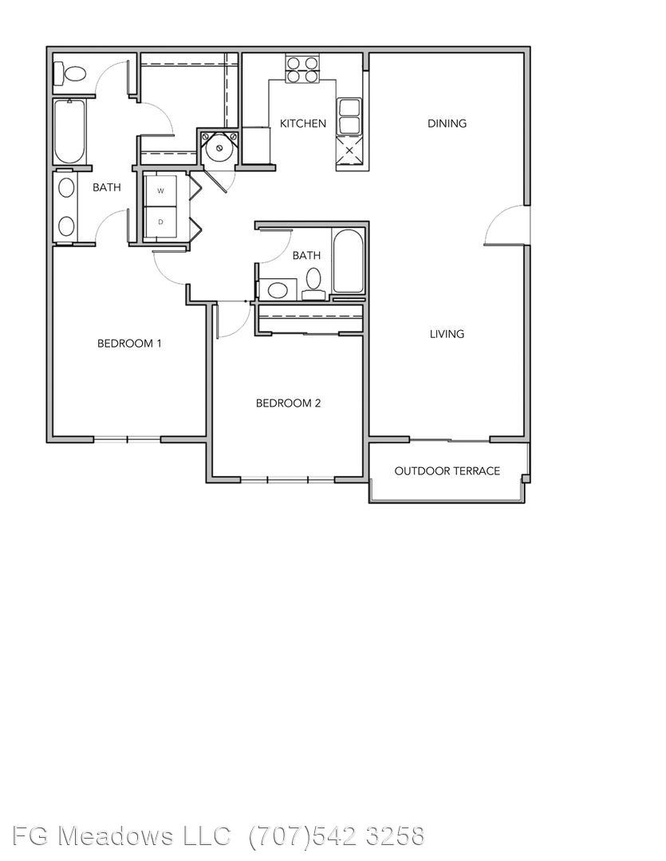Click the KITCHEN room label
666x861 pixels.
pos(303,124)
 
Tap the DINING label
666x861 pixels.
pos(447,124)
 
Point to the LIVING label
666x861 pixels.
pos(447,334)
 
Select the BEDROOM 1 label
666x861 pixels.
pos(129,344)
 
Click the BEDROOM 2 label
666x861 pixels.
pos(288,403)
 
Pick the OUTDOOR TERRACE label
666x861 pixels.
pos(447,471)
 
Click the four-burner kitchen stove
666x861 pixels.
pos(302,69)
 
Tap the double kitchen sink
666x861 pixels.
pos(349,116)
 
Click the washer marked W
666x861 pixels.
pos(160,191)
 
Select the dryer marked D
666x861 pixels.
pos(160,222)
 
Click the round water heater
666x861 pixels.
pos(219,147)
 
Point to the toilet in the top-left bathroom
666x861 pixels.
pos(70,73)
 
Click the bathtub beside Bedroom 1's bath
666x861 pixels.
pos(69,132)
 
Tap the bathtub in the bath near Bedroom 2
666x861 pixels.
pos(348,261)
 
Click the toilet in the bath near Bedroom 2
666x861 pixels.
pos(313,284)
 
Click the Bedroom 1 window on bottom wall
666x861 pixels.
pos(127,438)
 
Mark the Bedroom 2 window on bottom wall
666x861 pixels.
pos(287,480)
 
